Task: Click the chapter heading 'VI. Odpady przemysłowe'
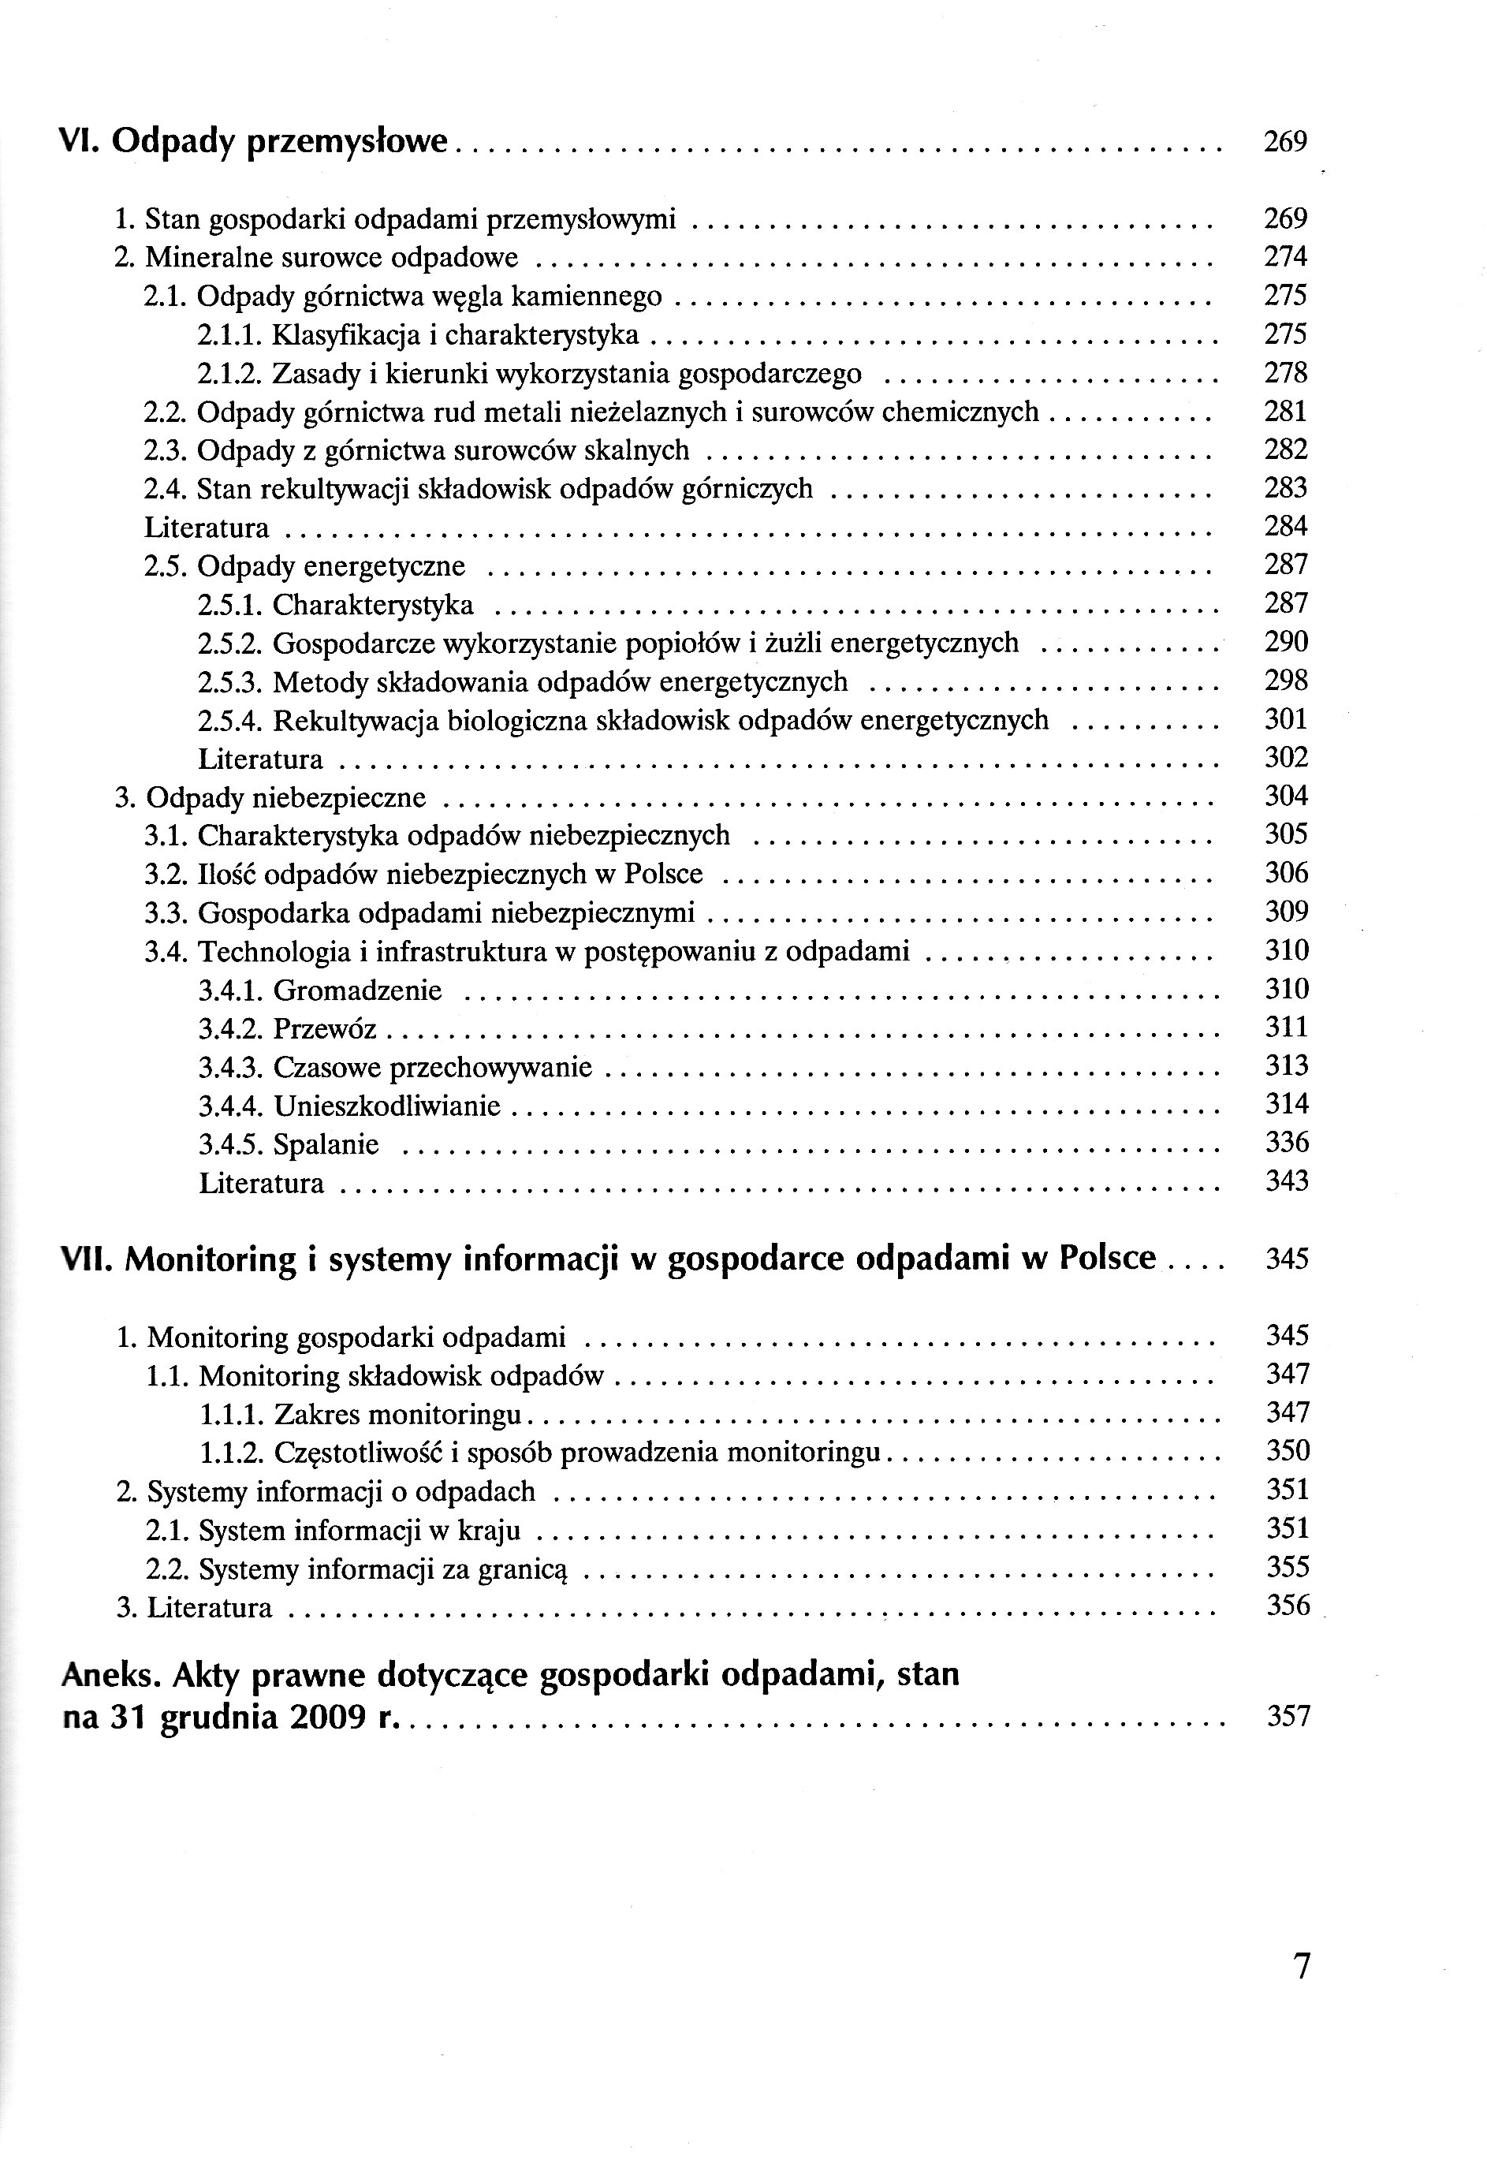[254, 143]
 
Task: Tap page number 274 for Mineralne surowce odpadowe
[1285, 257]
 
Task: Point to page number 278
[1285, 373]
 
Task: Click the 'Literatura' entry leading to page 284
[207, 528]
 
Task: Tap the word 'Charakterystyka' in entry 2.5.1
[373, 606]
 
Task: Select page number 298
[1286, 681]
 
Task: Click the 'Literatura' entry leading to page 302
[261, 759]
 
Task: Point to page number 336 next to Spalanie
[1287, 1143]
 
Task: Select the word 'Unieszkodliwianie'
[386, 1106]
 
